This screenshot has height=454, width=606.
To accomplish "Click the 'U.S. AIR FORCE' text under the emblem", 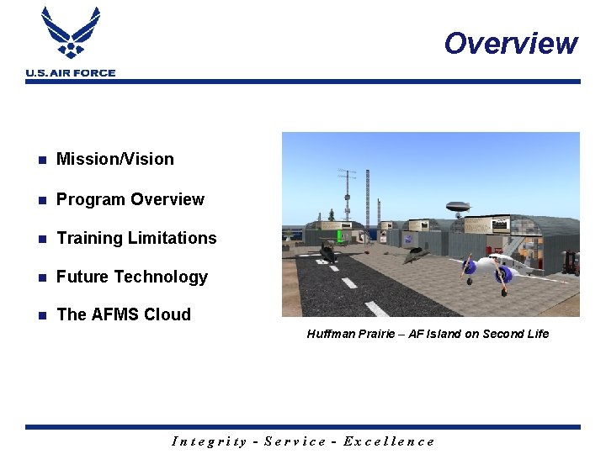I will click(71, 73).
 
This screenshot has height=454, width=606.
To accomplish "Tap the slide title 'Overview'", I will click(511, 43).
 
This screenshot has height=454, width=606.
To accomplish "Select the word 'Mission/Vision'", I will click(115, 159).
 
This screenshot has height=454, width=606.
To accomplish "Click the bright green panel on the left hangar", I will click(340, 236).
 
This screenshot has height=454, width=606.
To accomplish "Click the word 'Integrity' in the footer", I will click(210, 441).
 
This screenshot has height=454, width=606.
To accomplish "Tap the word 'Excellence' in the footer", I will click(394, 441).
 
